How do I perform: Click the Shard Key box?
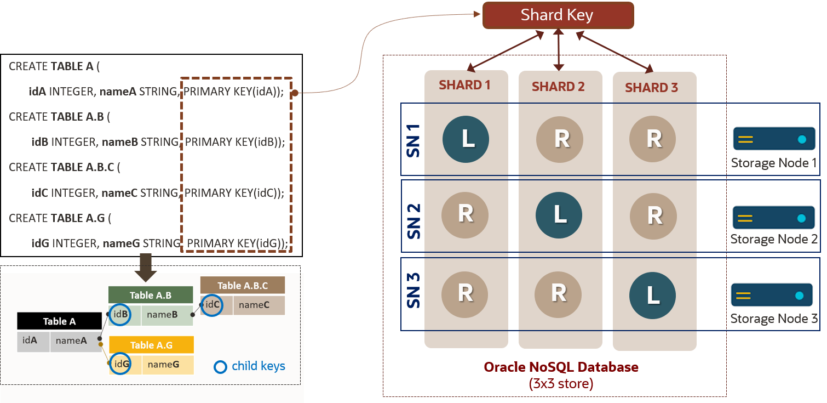click(x=558, y=15)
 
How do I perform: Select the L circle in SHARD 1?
click(x=466, y=139)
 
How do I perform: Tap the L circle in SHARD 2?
click(x=559, y=214)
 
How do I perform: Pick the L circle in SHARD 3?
click(x=652, y=296)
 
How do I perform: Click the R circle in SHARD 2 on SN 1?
click(x=559, y=139)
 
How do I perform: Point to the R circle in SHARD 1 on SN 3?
click(x=465, y=293)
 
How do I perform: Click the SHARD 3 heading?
click(x=651, y=87)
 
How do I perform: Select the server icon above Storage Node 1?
click(x=774, y=139)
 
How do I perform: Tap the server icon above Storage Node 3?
click(x=771, y=296)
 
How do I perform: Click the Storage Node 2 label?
click(x=774, y=239)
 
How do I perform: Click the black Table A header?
click(x=59, y=321)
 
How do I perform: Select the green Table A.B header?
click(x=151, y=295)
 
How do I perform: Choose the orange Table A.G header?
click(x=151, y=345)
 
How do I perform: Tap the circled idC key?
click(x=212, y=305)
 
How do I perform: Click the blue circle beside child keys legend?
click(x=220, y=366)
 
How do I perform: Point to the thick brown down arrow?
click(x=145, y=268)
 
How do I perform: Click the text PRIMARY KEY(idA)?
click(x=233, y=92)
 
